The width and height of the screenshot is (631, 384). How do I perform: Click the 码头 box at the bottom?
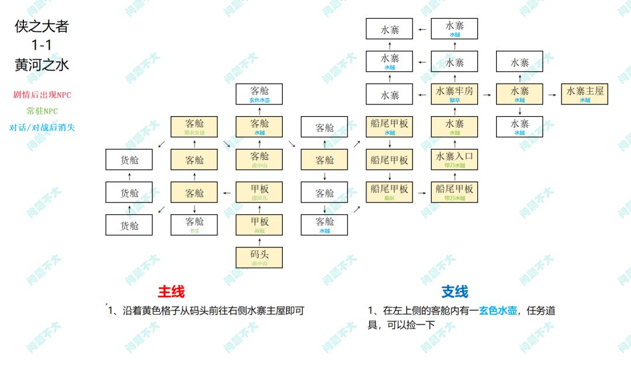pos(259,257)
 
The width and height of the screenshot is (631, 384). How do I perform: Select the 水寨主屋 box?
pos(584,94)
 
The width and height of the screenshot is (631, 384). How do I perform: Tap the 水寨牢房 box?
pos(455,94)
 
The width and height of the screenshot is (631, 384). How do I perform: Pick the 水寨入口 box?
pos(455,159)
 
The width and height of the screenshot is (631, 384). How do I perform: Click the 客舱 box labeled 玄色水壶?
pos(259,94)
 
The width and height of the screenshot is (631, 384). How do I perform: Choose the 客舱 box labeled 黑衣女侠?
pos(195,127)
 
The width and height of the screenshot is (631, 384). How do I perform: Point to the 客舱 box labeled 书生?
pos(195,225)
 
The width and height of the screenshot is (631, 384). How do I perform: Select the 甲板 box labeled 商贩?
pos(259,225)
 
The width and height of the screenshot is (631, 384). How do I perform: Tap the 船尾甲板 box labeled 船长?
pos(389,192)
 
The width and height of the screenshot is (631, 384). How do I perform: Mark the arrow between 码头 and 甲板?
pos(259,241)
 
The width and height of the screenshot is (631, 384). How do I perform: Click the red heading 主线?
pos(171,291)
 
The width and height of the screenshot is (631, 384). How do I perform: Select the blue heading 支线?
pos(455,291)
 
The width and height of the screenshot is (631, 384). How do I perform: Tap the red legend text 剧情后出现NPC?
pos(42,95)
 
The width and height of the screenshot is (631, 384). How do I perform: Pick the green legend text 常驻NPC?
pos(42,111)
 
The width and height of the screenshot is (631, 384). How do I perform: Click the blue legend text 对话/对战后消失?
pos(42,127)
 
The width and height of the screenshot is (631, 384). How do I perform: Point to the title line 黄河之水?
pos(42,65)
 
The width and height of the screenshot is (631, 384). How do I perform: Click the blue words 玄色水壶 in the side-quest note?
pos(498,310)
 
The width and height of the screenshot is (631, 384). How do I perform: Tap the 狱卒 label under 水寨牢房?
pos(455,100)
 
